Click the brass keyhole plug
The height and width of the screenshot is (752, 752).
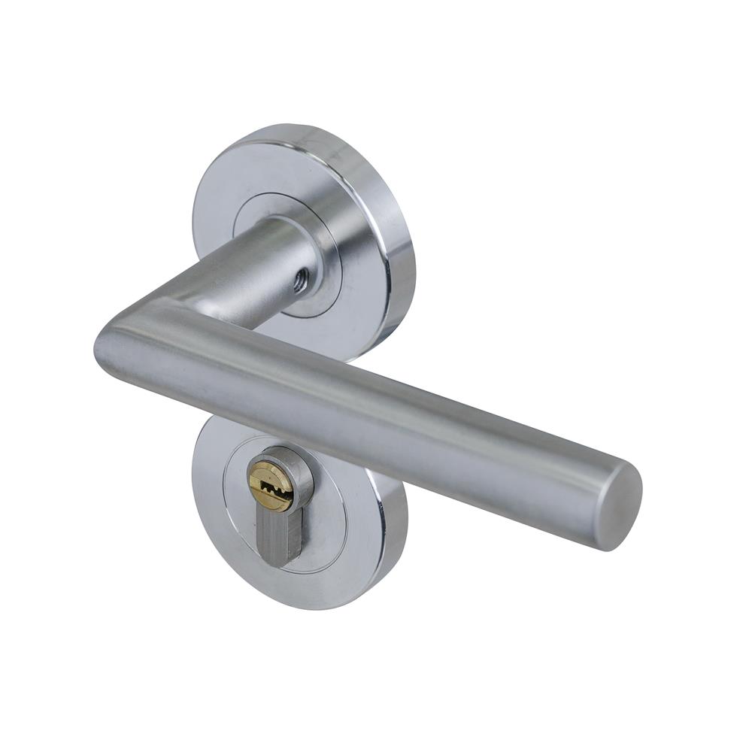[269, 481]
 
